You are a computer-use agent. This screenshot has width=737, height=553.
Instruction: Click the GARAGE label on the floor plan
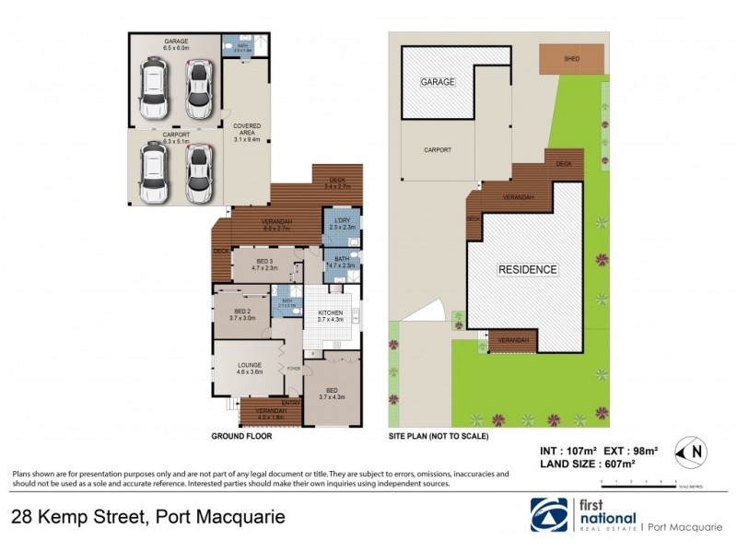point(176,41)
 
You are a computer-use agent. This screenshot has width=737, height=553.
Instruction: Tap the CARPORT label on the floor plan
point(176,135)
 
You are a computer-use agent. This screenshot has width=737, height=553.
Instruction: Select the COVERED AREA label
point(247,130)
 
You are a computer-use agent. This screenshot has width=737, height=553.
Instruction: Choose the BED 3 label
point(265,263)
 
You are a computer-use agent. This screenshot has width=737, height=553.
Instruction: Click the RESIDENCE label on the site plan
point(528,269)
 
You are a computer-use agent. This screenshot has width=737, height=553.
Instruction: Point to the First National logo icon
point(549,514)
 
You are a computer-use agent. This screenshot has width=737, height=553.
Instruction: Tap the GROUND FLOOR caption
point(241,436)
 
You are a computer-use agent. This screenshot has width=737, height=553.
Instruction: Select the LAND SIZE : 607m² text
point(587,465)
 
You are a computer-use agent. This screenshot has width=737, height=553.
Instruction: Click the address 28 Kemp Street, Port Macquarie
point(147,517)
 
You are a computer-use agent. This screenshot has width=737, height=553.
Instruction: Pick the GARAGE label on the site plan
point(439,82)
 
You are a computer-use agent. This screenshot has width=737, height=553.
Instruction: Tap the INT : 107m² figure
point(569,451)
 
